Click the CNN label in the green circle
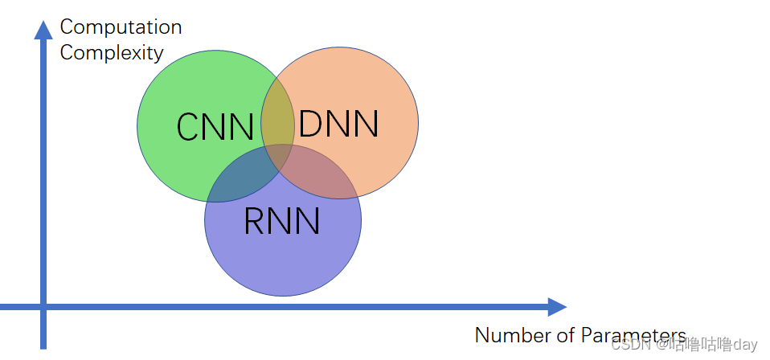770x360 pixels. pyautogui.click(x=215, y=127)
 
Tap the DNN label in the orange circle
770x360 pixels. pyautogui.click(x=338, y=123)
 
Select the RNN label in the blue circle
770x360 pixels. pyautogui.click(x=282, y=221)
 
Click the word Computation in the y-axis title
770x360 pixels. pyautogui.click(x=121, y=27)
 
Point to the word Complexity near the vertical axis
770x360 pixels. pyautogui.click(x=112, y=53)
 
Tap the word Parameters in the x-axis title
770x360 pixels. pyautogui.click(x=633, y=335)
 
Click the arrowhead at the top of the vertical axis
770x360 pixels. pyautogui.click(x=43, y=30)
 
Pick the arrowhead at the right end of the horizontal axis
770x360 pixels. pyautogui.click(x=557, y=307)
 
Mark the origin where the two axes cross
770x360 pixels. pyautogui.click(x=43, y=307)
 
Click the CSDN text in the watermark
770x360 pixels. pyautogui.click(x=630, y=345)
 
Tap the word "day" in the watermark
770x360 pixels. pyautogui.click(x=744, y=345)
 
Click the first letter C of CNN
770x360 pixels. pyautogui.click(x=187, y=127)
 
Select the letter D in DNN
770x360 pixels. pyautogui.click(x=310, y=123)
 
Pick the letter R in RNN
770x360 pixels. pyautogui.click(x=254, y=221)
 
